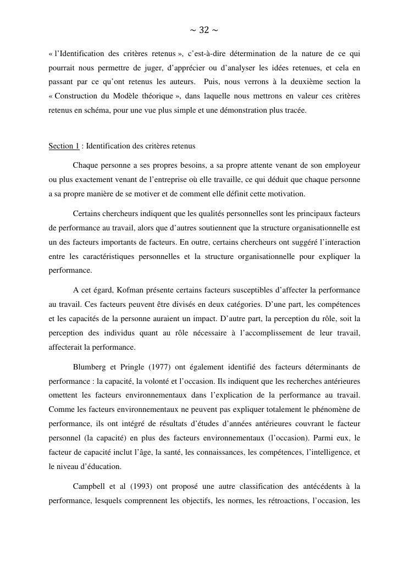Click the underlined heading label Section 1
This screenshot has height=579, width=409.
64,146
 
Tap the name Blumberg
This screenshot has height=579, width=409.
90,367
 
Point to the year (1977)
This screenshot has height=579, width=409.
162,367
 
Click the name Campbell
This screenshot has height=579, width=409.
90,486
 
